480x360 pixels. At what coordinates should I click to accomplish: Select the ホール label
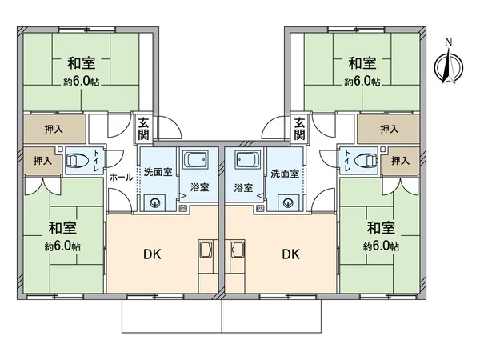pos(121,177)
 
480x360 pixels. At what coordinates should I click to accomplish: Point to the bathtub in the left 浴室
pos(194,160)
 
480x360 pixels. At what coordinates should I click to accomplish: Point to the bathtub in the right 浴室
pos(246,160)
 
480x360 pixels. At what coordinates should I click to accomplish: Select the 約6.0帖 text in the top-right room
pos(362,81)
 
